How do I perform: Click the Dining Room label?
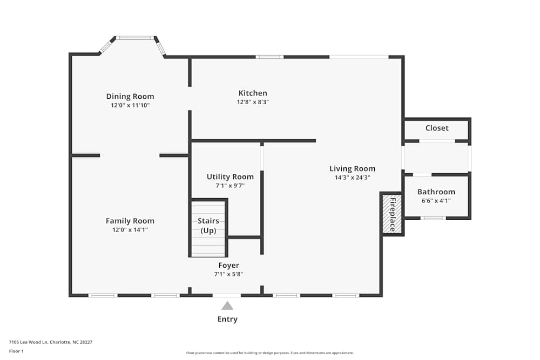pyautogui.click(x=130, y=97)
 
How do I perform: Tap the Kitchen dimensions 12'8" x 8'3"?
pyautogui.click(x=253, y=102)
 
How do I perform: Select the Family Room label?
pyautogui.click(x=130, y=221)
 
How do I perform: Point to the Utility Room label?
pyautogui.click(x=230, y=176)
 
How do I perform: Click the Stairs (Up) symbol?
pyautogui.click(x=208, y=227)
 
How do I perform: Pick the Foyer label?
pyautogui.click(x=228, y=265)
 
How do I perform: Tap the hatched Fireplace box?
pyautogui.click(x=392, y=214)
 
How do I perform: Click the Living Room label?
pyautogui.click(x=353, y=168)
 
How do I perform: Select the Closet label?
pyautogui.click(x=437, y=128)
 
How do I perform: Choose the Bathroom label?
pyautogui.click(x=436, y=192)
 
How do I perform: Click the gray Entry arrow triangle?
pyautogui.click(x=227, y=306)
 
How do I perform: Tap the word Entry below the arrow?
pyautogui.click(x=227, y=319)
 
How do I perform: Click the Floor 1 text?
pyautogui.click(x=16, y=351)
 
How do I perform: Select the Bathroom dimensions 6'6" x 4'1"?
pyautogui.click(x=436, y=201)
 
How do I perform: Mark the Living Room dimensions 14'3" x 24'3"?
pyautogui.click(x=353, y=178)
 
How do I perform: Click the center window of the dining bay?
pyautogui.click(x=134, y=38)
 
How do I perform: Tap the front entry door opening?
pyautogui.click(x=227, y=295)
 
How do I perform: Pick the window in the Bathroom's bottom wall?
pyautogui.click(x=433, y=218)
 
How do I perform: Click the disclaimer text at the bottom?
pyautogui.click(x=270, y=352)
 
